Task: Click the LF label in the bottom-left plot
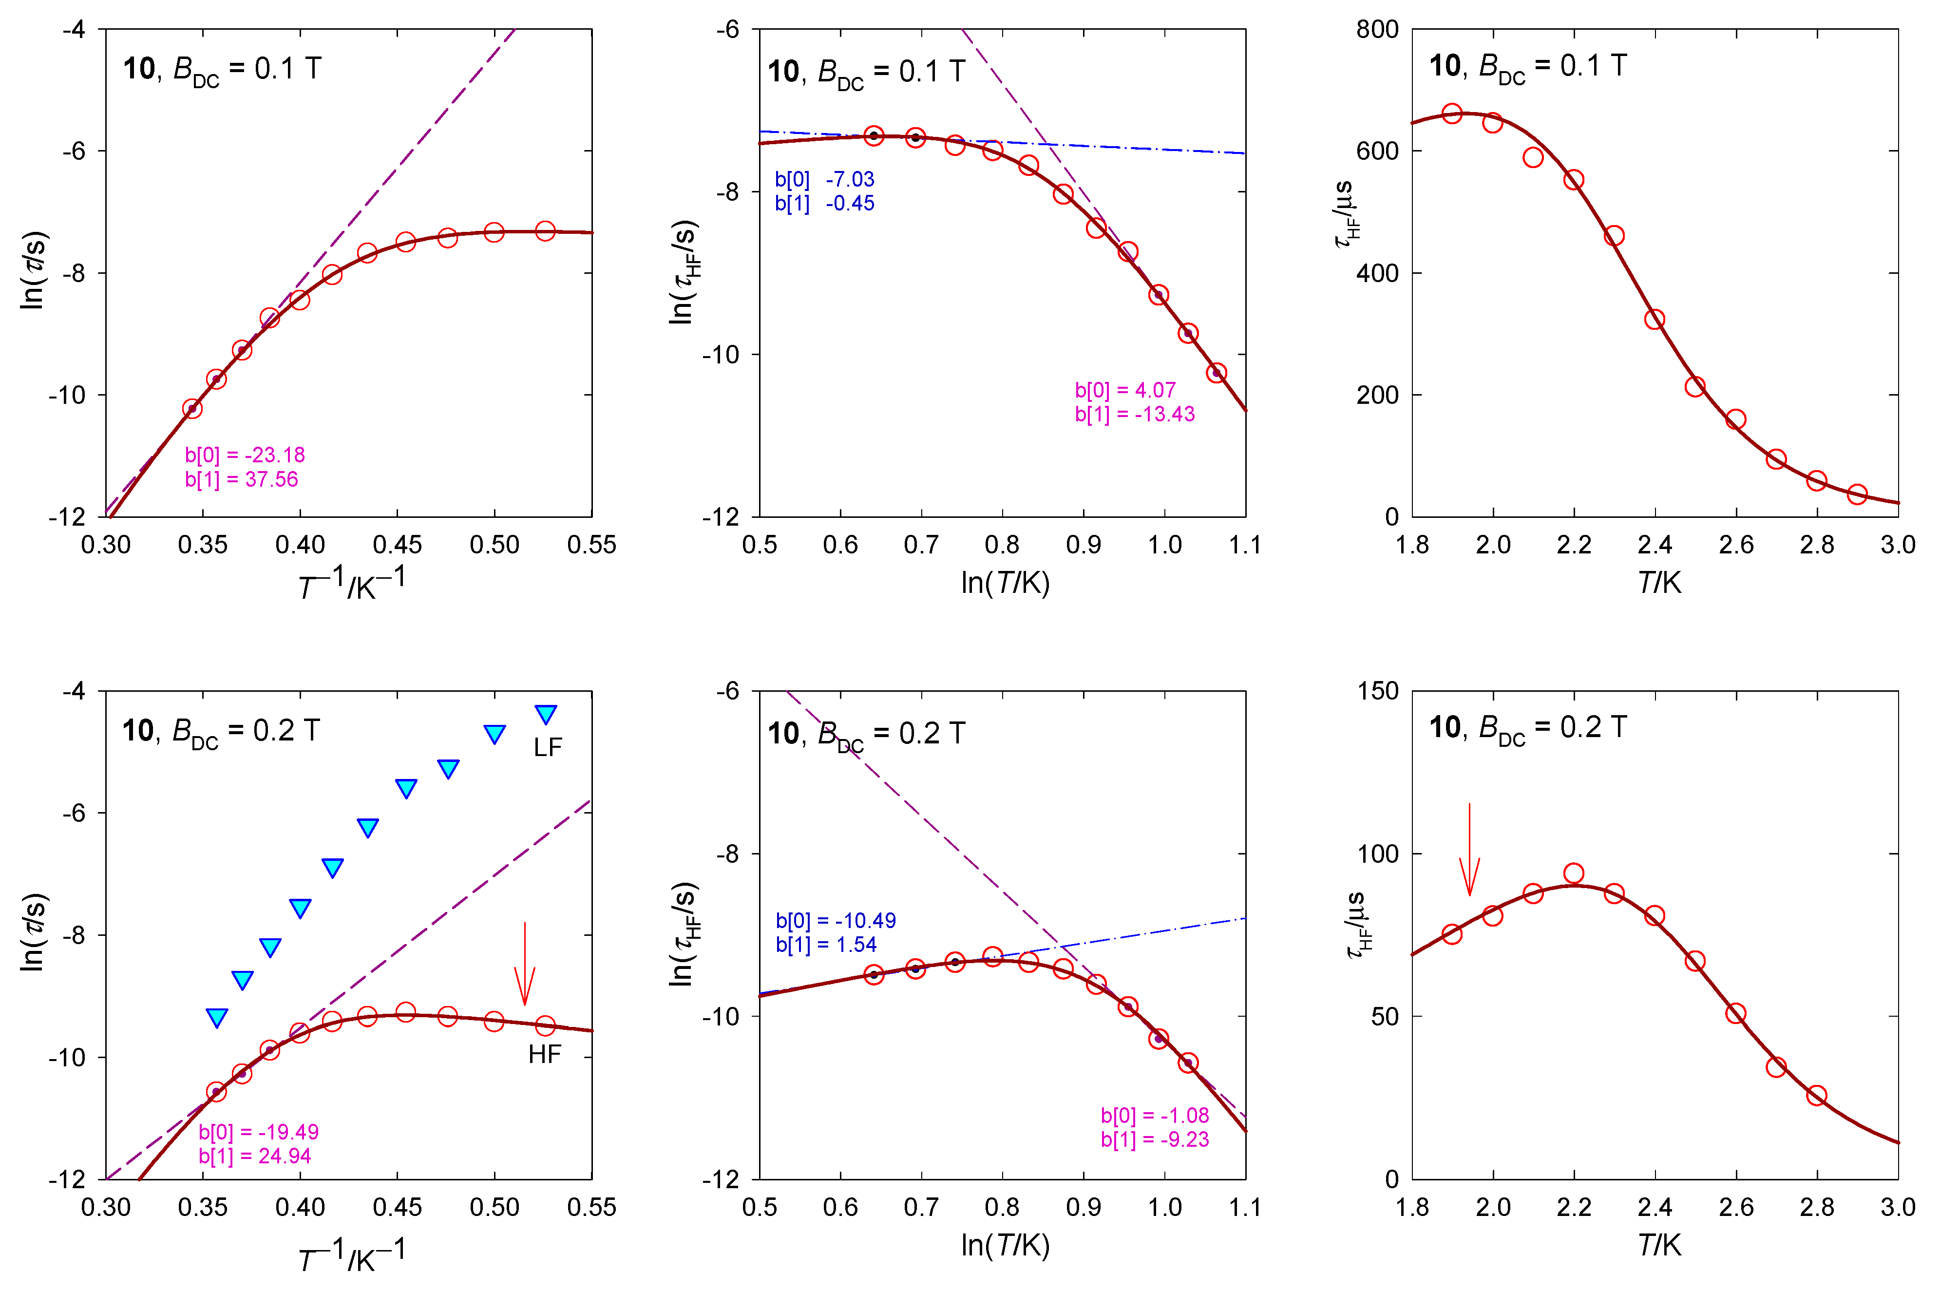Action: pos(547,747)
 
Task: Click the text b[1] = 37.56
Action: pos(241,479)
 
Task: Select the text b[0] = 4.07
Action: pos(1124,390)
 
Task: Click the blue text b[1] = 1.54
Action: pos(826,945)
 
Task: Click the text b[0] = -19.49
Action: pos(258,1132)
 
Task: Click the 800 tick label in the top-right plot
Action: pos(1377,30)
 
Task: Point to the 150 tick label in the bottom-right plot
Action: pos(1377,691)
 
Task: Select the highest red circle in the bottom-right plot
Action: pos(1573,873)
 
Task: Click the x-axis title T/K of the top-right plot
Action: pos(1658,583)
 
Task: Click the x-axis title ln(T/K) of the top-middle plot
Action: pos(1005,583)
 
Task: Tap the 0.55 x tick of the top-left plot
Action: pos(591,545)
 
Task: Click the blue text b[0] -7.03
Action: pos(824,179)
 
